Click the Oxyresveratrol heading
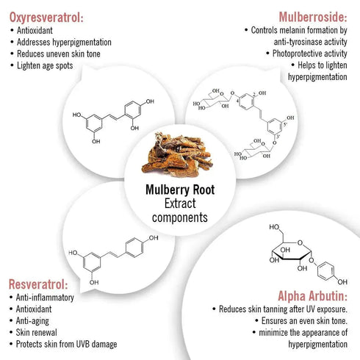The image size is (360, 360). [x=46, y=18]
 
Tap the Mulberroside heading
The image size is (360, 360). [x=313, y=17]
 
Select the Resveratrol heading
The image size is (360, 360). [x=38, y=284]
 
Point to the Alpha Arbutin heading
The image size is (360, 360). [x=312, y=296]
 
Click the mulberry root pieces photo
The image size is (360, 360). [x=177, y=154]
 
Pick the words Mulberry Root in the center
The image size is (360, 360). [x=180, y=190]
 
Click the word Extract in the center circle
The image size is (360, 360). [x=180, y=204]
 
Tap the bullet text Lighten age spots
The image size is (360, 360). [x=45, y=65]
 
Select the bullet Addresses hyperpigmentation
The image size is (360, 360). [x=64, y=42]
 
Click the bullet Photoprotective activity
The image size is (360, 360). [x=310, y=54]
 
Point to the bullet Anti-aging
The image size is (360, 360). [x=32, y=321]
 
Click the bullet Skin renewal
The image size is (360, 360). [x=37, y=332]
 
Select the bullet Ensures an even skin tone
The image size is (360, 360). [x=304, y=320]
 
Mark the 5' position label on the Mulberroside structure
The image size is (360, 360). [x=285, y=124]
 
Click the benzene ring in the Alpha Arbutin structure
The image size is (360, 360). [x=325, y=271]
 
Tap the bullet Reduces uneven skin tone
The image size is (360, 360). [x=59, y=54]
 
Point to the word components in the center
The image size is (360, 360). [x=180, y=217]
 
